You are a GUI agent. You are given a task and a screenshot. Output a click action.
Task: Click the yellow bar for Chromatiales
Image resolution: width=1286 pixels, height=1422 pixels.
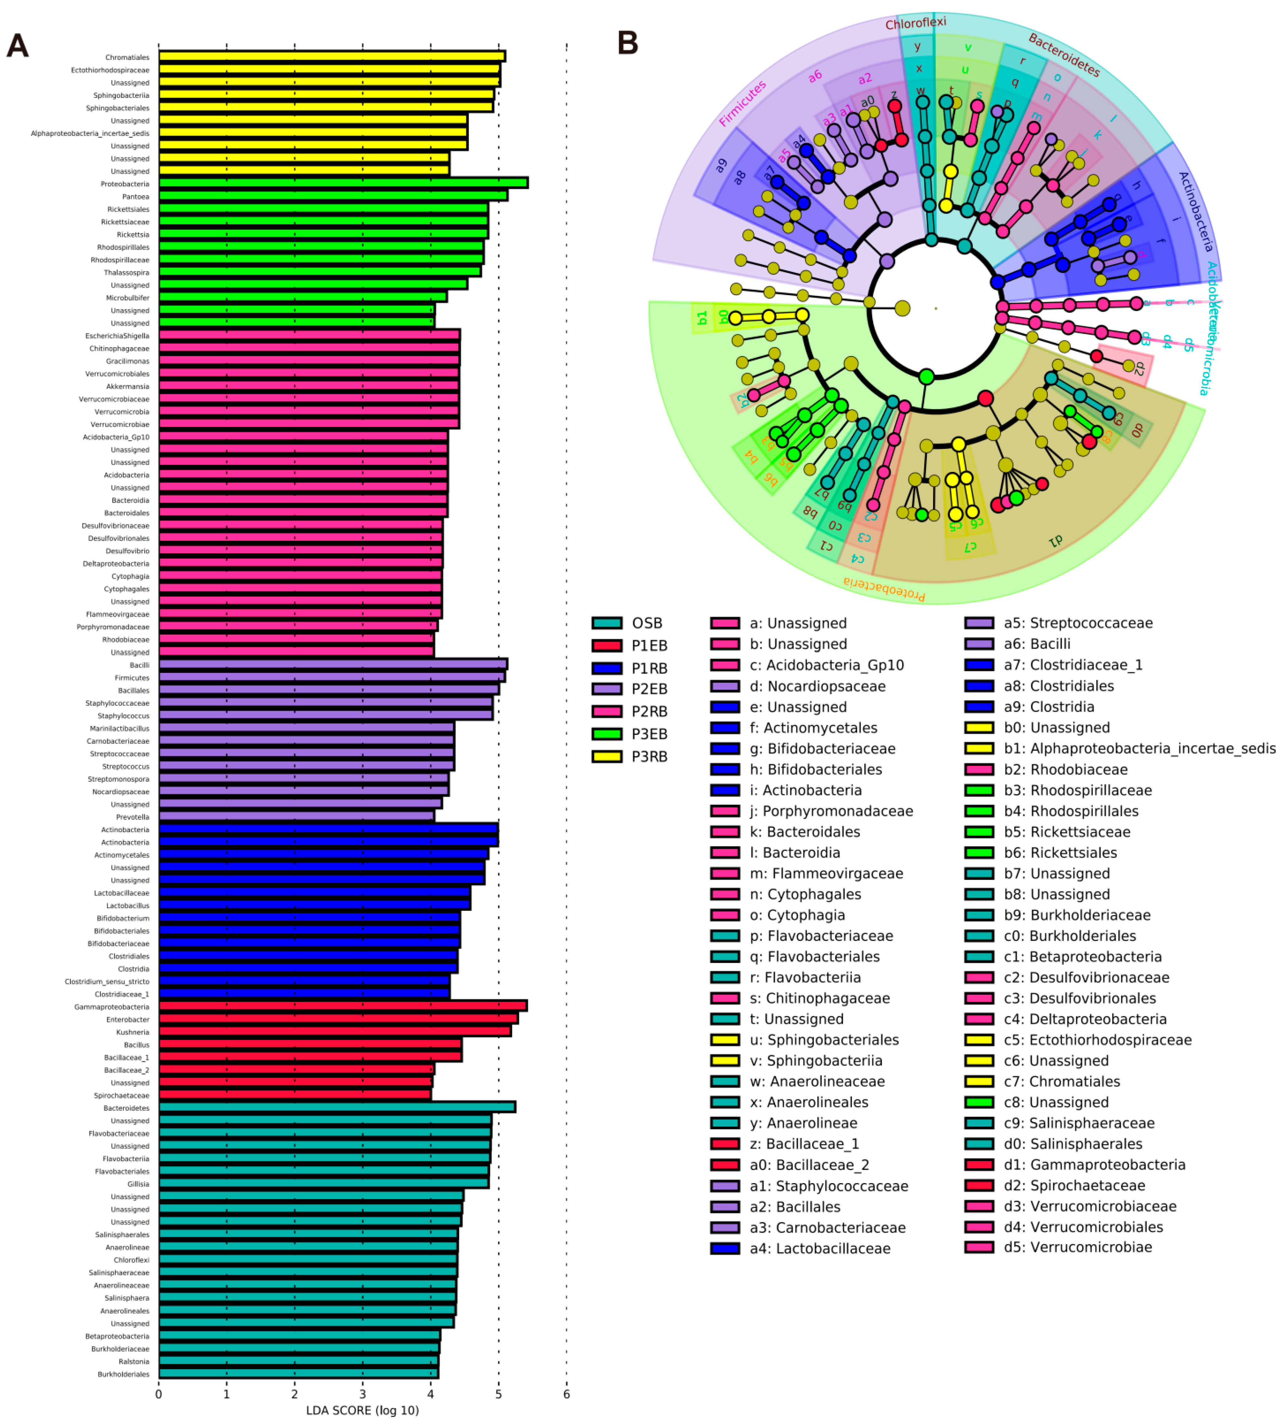331,57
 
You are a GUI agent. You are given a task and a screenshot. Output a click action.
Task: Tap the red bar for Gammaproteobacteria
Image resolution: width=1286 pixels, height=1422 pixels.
343,1006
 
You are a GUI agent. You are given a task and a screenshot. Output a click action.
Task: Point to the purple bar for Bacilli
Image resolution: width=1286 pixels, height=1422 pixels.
333,664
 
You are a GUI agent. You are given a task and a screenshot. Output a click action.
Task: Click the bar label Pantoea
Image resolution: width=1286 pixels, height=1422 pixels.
136,197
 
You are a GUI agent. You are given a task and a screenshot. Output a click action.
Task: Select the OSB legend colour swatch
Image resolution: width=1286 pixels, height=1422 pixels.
607,623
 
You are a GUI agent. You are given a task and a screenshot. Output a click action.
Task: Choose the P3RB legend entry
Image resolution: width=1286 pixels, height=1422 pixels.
649,757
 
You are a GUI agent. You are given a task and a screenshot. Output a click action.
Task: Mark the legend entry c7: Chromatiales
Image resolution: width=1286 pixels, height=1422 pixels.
1062,1081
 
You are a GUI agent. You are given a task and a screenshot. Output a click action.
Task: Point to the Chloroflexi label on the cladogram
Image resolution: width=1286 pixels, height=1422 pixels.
916,23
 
